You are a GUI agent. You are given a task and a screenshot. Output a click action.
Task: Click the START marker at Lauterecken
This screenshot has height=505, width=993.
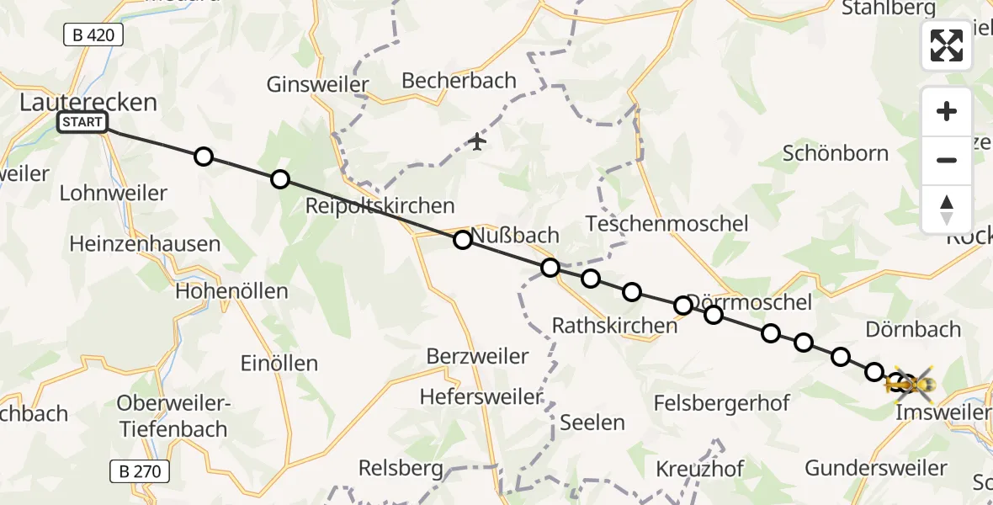pos(82,123)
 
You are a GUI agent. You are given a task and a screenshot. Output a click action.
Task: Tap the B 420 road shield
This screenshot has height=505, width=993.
pos(93,35)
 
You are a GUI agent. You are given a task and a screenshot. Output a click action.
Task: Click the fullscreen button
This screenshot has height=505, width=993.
pos(947,45)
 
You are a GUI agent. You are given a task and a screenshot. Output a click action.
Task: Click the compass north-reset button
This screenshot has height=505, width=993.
pos(947,210)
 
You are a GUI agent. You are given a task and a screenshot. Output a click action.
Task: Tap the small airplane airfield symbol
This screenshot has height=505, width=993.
pos(477,141)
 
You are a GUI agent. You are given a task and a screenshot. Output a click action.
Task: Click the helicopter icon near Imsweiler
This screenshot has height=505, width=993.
pos(911,385)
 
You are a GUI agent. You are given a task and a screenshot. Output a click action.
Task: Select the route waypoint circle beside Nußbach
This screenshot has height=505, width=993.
pos(462,240)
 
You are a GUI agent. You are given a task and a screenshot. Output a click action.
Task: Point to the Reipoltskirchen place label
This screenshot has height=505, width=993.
pos(380,206)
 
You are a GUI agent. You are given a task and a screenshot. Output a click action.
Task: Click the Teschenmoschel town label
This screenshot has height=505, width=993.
pos(666,224)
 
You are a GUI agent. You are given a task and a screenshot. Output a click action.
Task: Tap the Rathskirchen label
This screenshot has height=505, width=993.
pos(614,325)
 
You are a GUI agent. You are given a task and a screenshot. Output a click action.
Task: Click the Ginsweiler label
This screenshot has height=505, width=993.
pos(317,85)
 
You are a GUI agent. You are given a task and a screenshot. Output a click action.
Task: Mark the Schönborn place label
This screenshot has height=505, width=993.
pos(835,153)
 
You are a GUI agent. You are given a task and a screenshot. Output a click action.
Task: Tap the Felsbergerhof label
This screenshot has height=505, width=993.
pos(721,403)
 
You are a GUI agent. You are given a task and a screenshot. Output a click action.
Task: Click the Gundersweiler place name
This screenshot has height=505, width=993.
pos(875,468)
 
